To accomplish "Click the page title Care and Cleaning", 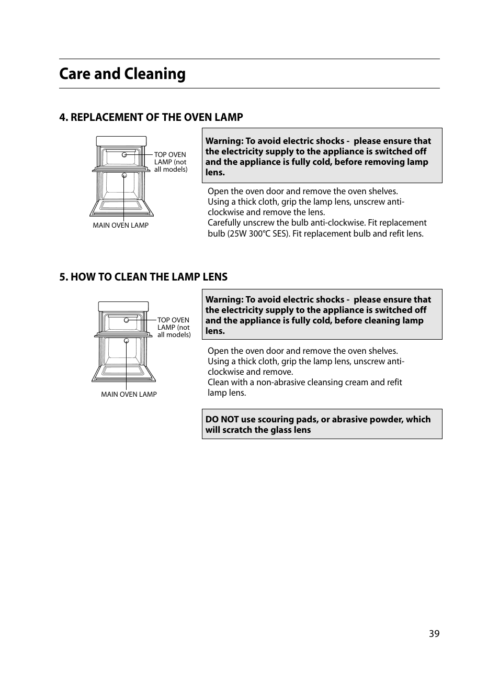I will pos(122,74).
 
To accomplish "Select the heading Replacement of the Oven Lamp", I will pos(151,117).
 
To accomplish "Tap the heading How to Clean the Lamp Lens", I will pos(143,277).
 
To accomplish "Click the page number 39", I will pos(434,634).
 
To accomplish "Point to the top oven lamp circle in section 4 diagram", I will pos(124,155).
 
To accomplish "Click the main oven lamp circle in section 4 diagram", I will pos(124,175).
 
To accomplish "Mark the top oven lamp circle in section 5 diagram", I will pos(127,320).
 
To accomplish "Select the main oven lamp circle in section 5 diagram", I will pos(127,341).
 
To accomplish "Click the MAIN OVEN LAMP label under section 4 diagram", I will pos(120,226).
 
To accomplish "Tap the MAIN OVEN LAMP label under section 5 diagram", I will pos(129,395).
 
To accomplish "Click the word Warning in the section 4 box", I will pos(224,141).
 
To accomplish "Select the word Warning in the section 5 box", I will pos(224,300).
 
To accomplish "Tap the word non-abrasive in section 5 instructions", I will pos(281,383).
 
